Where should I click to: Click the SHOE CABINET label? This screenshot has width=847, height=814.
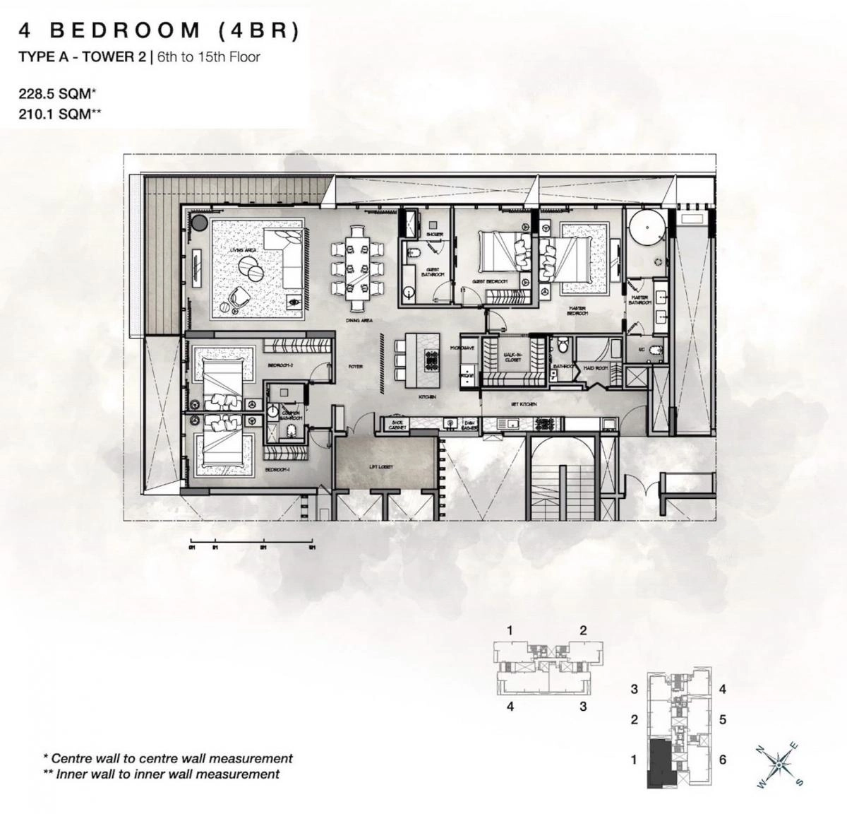397,425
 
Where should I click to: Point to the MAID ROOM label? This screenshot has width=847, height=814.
596,367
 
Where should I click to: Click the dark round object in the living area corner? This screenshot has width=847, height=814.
200,223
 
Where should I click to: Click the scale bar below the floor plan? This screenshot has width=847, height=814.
251,545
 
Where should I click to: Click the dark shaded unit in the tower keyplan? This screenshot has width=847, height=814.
661,762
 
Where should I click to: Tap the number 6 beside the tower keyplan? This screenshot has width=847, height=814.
723,760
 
